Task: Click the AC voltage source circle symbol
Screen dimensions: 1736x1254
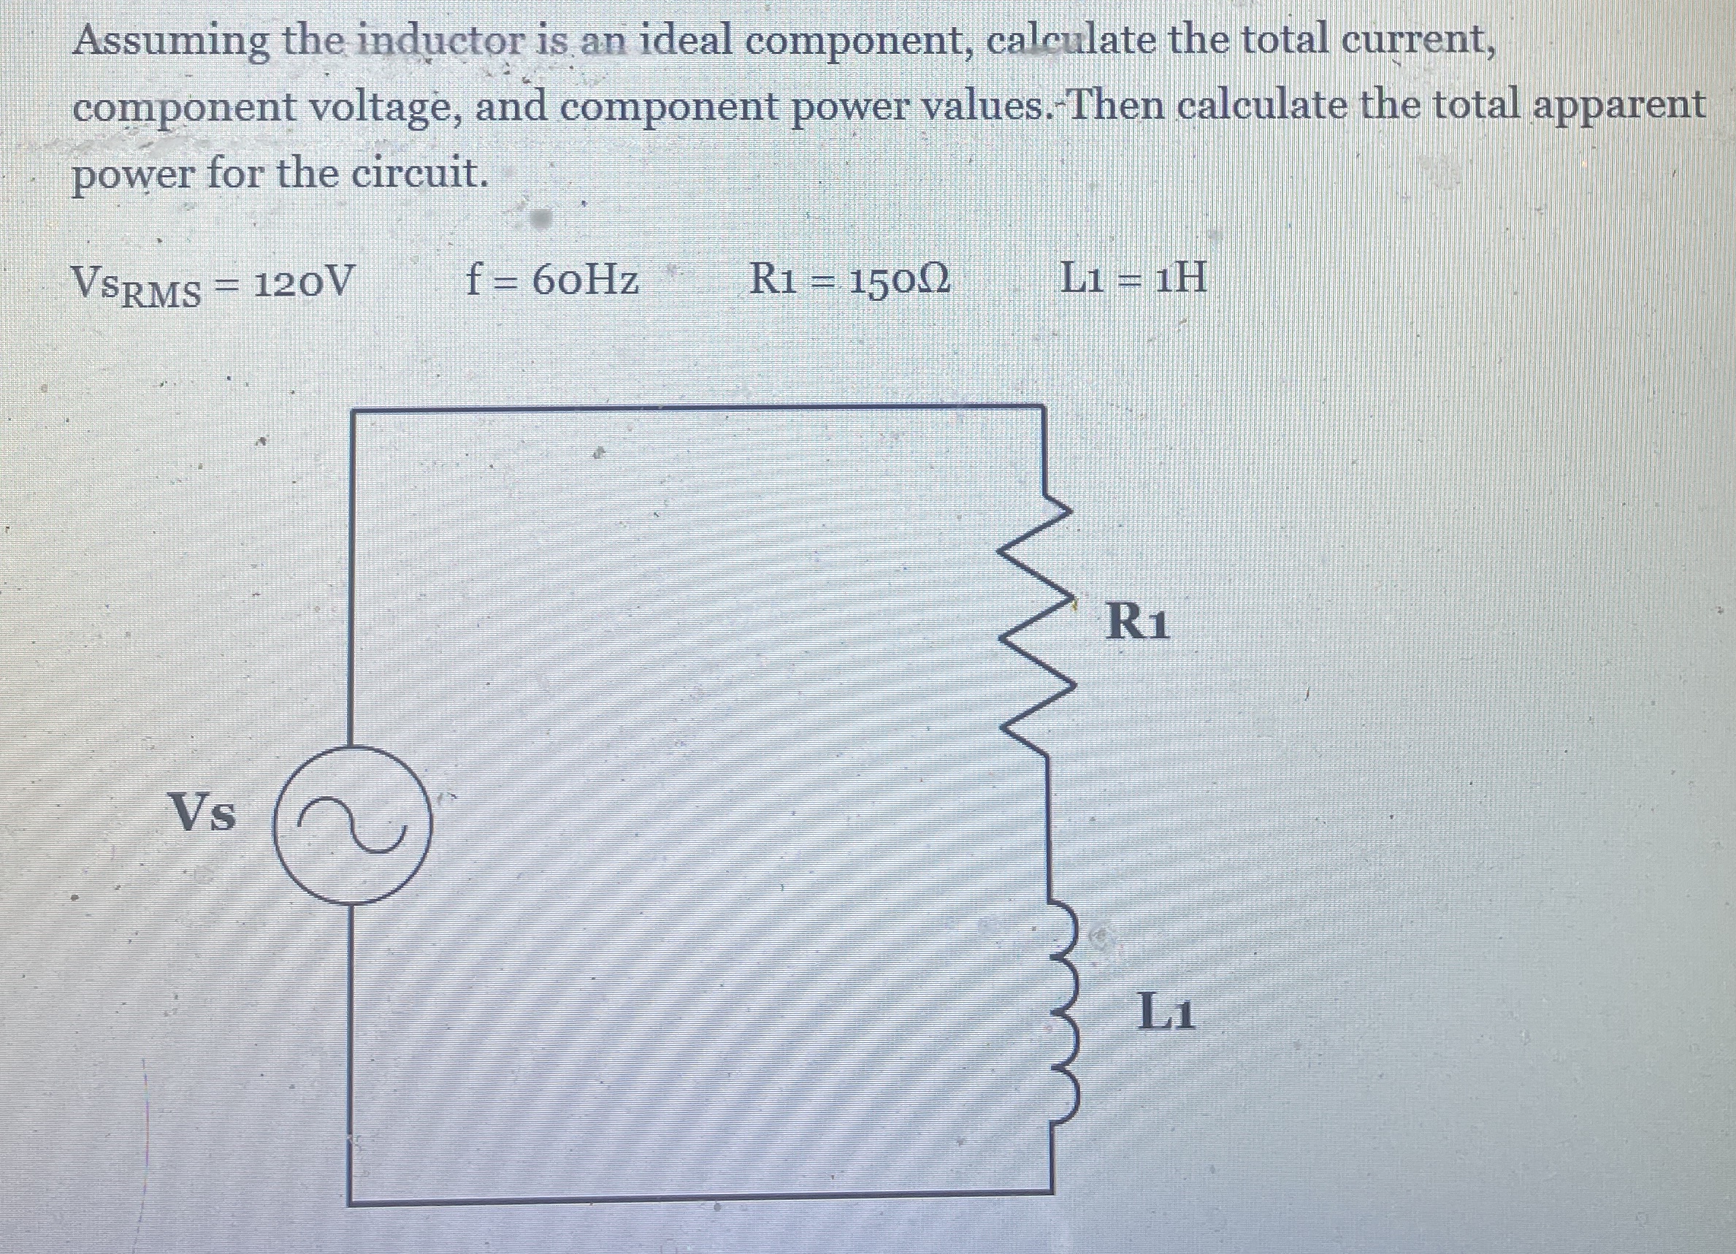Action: click(353, 825)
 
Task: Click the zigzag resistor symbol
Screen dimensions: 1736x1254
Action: click(1046, 628)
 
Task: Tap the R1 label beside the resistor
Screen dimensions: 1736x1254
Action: click(1138, 622)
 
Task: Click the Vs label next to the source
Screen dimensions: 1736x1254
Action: click(203, 812)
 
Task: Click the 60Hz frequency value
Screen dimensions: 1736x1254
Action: click(585, 281)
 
